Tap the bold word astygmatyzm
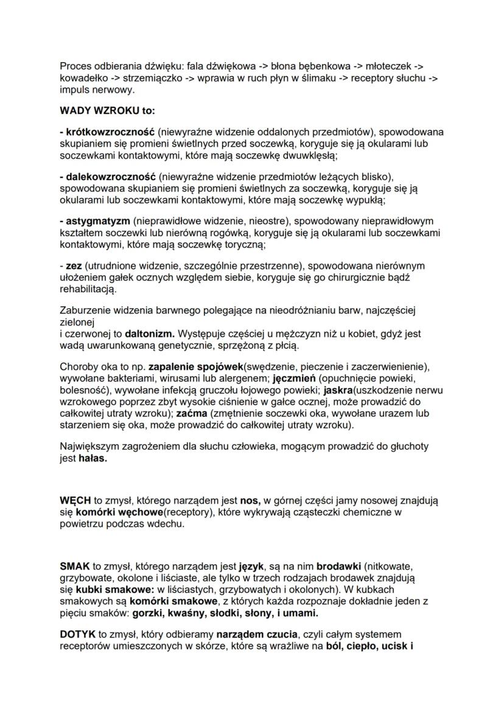click(x=97, y=220)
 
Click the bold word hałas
click(x=92, y=458)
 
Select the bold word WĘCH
click(x=75, y=501)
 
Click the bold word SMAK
click(x=74, y=566)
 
